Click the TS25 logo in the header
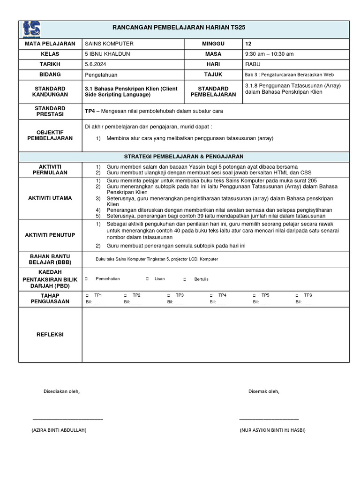click(x=31, y=29)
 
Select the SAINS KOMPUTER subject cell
click(x=109, y=44)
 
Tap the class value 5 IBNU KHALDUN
click(x=107, y=54)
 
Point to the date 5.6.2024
click(x=96, y=64)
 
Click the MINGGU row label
click(x=213, y=44)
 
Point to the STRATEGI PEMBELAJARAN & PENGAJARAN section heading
click(x=183, y=157)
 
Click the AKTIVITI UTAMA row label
click(x=50, y=198)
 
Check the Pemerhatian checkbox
click(x=86, y=279)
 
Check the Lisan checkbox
click(x=147, y=279)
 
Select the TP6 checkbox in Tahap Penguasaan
click(x=297, y=296)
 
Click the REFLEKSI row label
click(x=50, y=335)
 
